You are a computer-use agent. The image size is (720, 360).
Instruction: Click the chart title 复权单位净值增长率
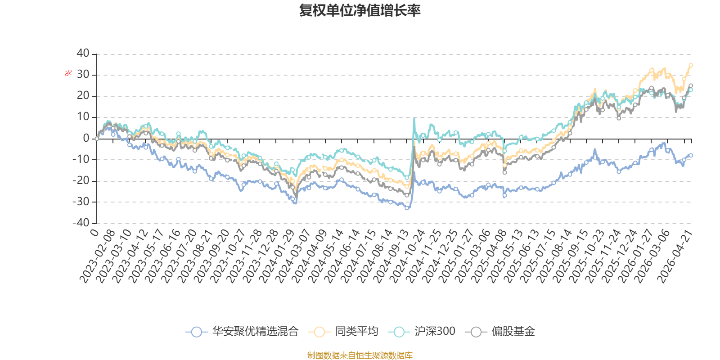(x=360, y=10)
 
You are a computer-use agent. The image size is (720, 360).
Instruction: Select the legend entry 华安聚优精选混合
(x=243, y=331)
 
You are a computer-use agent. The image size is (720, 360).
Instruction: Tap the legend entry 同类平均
(x=343, y=331)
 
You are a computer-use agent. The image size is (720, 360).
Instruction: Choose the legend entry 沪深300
(x=422, y=331)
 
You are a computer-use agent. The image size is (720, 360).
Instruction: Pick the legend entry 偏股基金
(x=500, y=331)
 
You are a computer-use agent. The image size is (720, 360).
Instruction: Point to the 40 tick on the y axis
(x=83, y=54)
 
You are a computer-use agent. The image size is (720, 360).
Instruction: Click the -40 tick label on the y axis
(x=81, y=223)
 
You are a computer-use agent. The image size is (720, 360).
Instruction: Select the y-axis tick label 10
(x=83, y=117)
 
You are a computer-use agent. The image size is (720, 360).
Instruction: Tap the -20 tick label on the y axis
(x=81, y=180)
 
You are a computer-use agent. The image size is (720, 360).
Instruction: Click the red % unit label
(x=68, y=73)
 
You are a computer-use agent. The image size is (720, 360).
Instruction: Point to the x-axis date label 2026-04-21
(x=675, y=256)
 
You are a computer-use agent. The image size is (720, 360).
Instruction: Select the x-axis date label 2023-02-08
(x=97, y=256)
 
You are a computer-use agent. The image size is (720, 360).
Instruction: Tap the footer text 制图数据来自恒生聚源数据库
(x=360, y=355)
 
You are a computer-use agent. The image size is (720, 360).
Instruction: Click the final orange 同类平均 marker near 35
(x=691, y=65)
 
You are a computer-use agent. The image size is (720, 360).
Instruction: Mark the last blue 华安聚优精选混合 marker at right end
(x=691, y=155)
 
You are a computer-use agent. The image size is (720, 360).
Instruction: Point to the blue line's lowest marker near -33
(x=407, y=208)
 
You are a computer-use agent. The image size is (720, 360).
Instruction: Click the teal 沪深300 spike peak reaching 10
(x=414, y=118)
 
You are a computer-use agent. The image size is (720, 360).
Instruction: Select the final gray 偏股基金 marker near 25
(x=691, y=85)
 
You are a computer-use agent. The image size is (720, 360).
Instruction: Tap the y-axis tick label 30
(x=83, y=75)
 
